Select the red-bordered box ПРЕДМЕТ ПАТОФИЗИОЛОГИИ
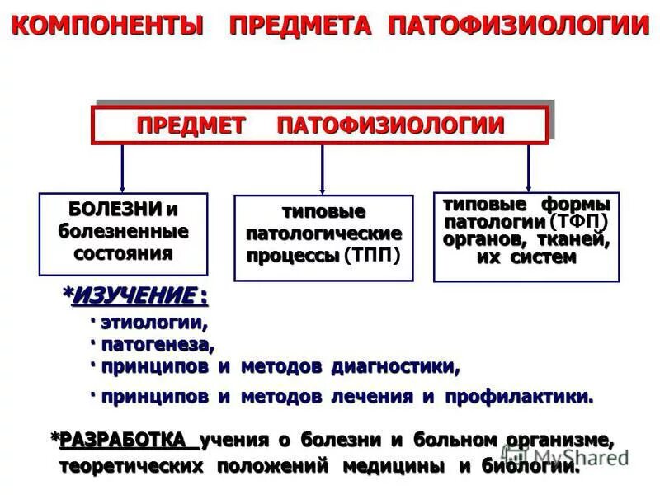tap(319, 125)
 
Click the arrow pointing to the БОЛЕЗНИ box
tap(123, 168)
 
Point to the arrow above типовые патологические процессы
tap(322, 170)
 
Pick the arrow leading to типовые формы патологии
tap(528, 168)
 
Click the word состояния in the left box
tap(123, 252)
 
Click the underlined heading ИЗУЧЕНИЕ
tap(136, 295)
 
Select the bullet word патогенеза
tap(157, 344)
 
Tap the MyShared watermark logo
tap(569, 453)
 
